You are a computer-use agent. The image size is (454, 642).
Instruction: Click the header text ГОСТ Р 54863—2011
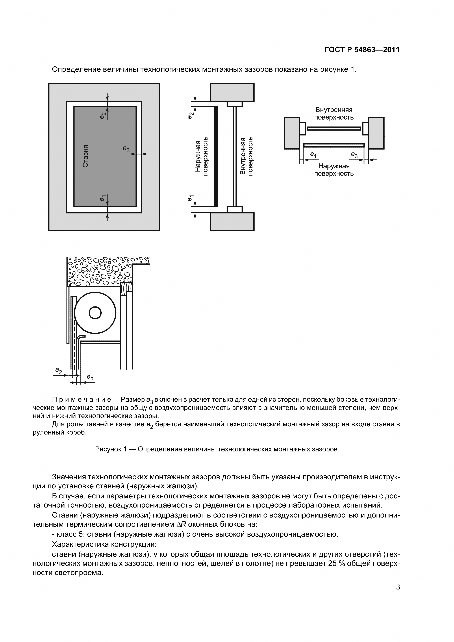click(x=362, y=50)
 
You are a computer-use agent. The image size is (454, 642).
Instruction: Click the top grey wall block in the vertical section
click(x=232, y=92)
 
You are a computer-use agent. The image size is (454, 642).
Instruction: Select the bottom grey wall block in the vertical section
click(x=232, y=222)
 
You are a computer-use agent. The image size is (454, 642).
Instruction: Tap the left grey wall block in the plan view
click(x=292, y=133)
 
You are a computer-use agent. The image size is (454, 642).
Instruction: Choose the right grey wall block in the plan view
click(x=376, y=133)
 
